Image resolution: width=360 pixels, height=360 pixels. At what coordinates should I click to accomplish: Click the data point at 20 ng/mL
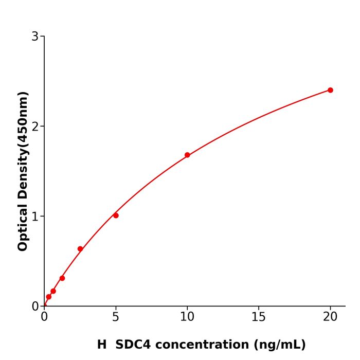pyautogui.click(x=330, y=90)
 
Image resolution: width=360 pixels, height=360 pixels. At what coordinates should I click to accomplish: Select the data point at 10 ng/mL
pyautogui.click(x=187, y=155)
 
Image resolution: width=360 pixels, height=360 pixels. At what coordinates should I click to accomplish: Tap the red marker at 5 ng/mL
pyautogui.click(x=116, y=215)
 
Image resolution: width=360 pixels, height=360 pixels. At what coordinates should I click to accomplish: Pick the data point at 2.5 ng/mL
pyautogui.click(x=80, y=249)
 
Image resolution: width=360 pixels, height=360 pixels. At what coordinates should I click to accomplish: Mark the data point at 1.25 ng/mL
pyautogui.click(x=62, y=278)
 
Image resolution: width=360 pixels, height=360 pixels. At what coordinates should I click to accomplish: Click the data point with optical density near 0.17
pyautogui.click(x=53, y=291)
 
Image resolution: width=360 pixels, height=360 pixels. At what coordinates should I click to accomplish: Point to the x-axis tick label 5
pyautogui.click(x=116, y=317)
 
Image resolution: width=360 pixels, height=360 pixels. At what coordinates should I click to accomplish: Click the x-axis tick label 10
pyautogui.click(x=187, y=317)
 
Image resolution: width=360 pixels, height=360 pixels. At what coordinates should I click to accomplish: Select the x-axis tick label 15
pyautogui.click(x=259, y=317)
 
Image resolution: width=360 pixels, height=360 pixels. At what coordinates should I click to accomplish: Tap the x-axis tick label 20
pyautogui.click(x=330, y=317)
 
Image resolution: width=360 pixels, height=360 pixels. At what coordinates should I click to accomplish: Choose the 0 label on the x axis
pyautogui.click(x=44, y=317)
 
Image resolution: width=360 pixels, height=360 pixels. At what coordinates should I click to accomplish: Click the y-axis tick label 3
pyautogui.click(x=35, y=37)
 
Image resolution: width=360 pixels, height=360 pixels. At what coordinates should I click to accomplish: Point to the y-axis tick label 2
pyautogui.click(x=35, y=127)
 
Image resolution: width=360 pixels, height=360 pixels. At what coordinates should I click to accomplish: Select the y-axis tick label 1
pyautogui.click(x=35, y=217)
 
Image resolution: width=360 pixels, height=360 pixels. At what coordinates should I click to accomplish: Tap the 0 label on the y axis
pyautogui.click(x=35, y=307)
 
